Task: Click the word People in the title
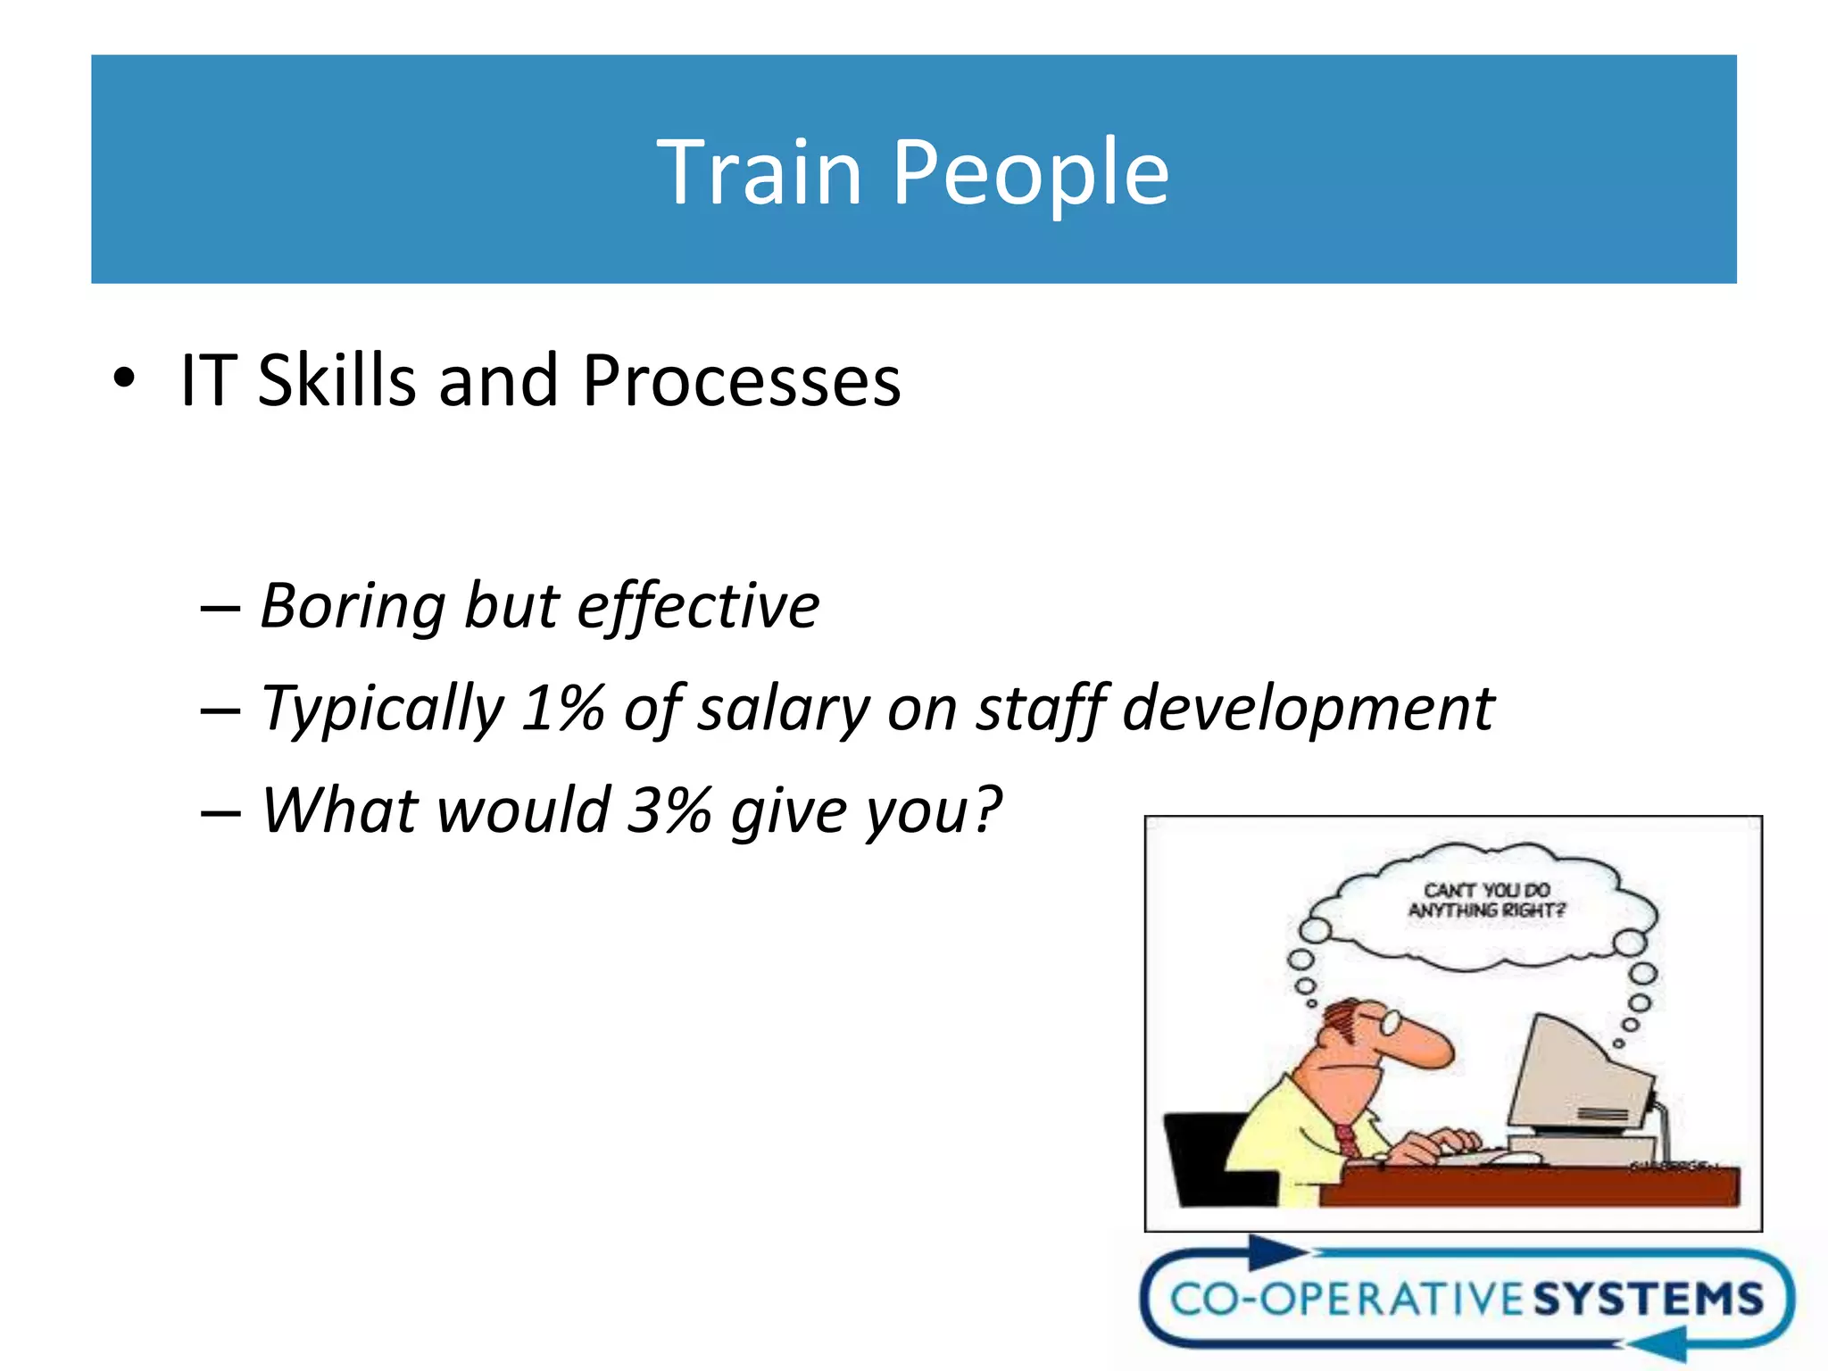[x=1030, y=174]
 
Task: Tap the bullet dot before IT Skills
[x=124, y=378]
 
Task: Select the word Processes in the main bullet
[x=741, y=381]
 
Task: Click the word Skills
[x=337, y=381]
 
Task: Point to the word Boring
[x=353, y=607]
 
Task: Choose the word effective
[x=698, y=607]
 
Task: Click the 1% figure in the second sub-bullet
[x=563, y=709]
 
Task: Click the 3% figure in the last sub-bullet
[x=669, y=810]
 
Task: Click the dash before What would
[x=220, y=812]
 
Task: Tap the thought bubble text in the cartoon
[x=1486, y=900]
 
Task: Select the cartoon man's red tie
[x=1347, y=1142]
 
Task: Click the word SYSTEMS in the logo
[x=1648, y=1299]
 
